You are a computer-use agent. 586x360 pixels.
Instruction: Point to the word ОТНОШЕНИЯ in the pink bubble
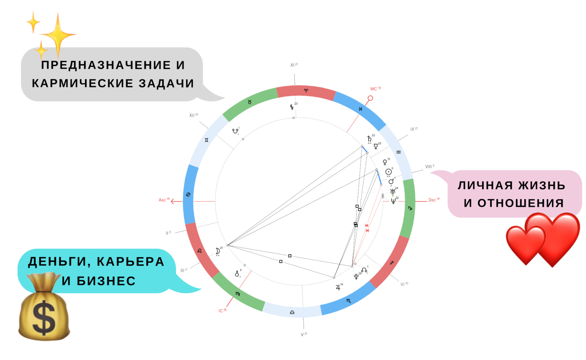coord(514,203)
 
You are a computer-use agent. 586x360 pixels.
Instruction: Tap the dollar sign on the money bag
coord(44,318)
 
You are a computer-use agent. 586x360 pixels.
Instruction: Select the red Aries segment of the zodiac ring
coord(306,91)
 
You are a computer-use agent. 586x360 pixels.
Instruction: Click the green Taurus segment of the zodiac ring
coord(250,103)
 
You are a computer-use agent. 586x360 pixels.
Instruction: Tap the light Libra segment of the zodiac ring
coord(292,312)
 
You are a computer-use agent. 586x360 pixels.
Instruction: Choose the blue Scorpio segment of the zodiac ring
coord(348,301)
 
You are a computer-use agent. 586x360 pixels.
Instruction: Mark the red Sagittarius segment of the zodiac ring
coord(391,263)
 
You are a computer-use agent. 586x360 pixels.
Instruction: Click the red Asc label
coord(164,200)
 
